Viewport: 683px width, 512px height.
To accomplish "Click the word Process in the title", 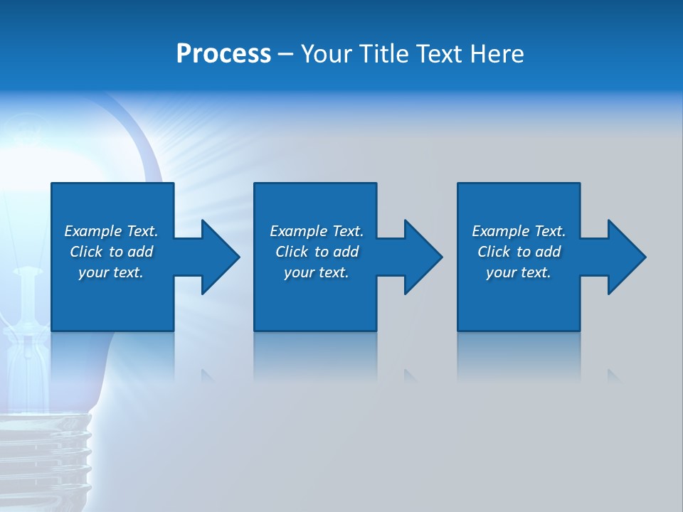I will (223, 54).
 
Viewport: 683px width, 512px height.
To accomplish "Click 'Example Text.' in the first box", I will (111, 231).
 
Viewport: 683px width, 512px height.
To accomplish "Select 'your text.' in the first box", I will (111, 272).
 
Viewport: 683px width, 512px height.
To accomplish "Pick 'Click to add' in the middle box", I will (317, 252).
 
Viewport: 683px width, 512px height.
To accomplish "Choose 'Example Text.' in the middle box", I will (317, 231).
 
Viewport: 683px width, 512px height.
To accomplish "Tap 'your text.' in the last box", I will (519, 272).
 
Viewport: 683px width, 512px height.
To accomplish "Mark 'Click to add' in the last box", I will (519, 252).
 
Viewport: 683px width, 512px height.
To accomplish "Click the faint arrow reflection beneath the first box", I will (207, 374).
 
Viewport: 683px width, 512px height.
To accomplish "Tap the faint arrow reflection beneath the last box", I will (613, 375).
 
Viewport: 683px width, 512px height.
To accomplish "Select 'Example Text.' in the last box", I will (519, 231).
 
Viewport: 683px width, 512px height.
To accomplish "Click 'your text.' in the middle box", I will (317, 272).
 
